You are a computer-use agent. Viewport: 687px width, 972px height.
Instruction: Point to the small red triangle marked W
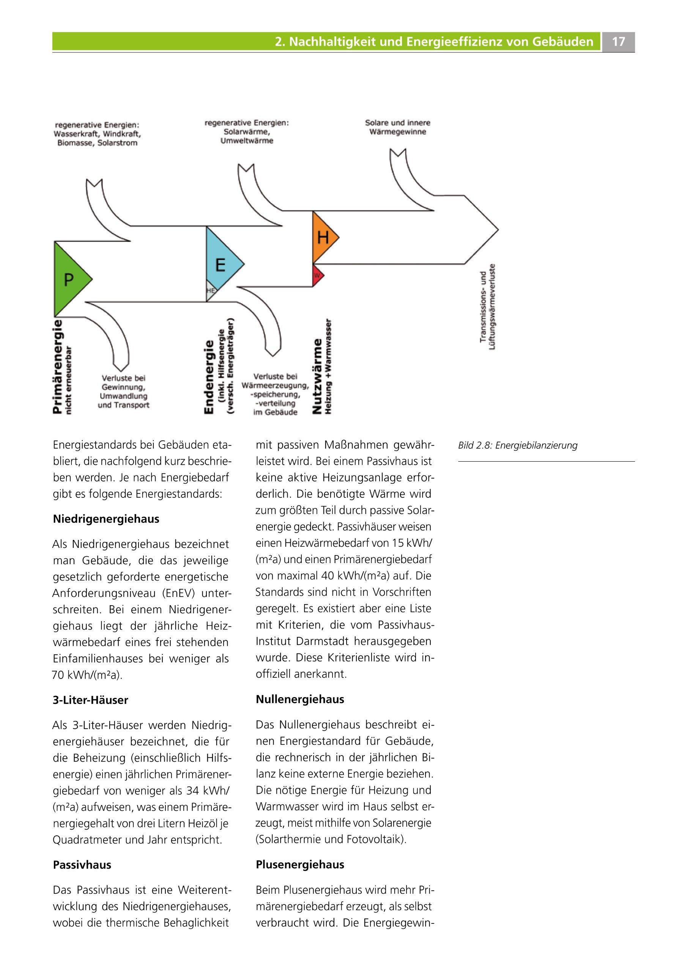click(317, 276)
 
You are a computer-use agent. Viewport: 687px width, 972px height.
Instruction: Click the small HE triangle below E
click(210, 291)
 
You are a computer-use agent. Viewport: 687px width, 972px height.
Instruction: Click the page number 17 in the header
click(618, 41)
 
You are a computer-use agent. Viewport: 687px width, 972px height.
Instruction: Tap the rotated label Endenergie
click(209, 377)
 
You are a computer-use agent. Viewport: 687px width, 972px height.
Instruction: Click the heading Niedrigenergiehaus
click(106, 519)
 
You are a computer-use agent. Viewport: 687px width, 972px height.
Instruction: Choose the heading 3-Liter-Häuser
click(90, 700)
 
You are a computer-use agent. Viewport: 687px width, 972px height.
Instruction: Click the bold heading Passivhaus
click(82, 865)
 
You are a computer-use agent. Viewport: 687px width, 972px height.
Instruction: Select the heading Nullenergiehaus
click(300, 699)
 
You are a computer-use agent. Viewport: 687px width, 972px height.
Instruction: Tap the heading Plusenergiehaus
click(300, 865)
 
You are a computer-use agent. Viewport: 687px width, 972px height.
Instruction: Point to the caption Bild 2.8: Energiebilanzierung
click(517, 445)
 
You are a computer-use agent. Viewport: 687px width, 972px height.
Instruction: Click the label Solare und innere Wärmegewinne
click(397, 127)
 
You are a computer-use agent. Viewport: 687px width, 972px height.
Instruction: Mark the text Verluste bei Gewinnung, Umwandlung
click(123, 387)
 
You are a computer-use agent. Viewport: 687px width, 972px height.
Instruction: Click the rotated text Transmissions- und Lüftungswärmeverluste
click(487, 307)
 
